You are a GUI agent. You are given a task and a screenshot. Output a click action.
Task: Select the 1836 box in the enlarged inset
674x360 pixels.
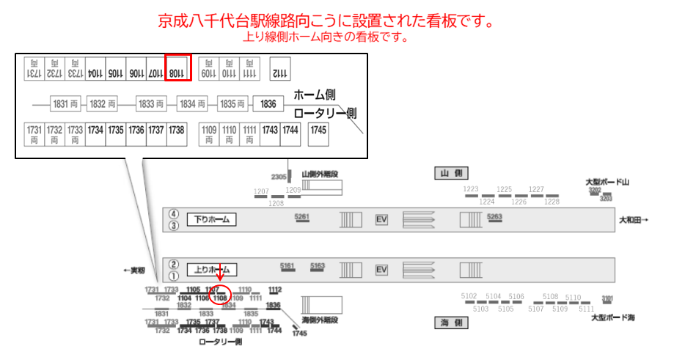pos(268,105)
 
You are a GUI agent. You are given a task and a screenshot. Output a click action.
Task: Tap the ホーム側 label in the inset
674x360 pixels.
pos(315,95)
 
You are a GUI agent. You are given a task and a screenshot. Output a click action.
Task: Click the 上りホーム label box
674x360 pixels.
pos(211,270)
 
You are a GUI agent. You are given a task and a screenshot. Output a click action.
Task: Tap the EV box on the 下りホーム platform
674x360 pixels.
pos(381,219)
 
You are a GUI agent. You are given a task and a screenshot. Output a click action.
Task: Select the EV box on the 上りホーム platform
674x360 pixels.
pos(381,270)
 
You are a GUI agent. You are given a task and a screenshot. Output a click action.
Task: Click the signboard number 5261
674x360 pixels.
pos(302,216)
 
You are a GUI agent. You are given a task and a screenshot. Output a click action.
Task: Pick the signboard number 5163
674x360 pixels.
pos(318,265)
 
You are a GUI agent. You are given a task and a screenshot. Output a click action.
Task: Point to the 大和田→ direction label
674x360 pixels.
pos(634,219)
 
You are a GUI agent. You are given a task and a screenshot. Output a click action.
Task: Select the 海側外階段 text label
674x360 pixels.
pos(322,320)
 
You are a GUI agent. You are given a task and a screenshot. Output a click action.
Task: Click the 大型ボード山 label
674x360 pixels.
pos(608,181)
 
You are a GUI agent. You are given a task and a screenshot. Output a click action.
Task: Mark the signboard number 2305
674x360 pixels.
pos(279,177)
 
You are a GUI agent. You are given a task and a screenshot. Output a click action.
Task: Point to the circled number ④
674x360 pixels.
pos(174,214)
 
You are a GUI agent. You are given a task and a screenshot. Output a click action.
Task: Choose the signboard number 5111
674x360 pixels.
pos(586,309)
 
